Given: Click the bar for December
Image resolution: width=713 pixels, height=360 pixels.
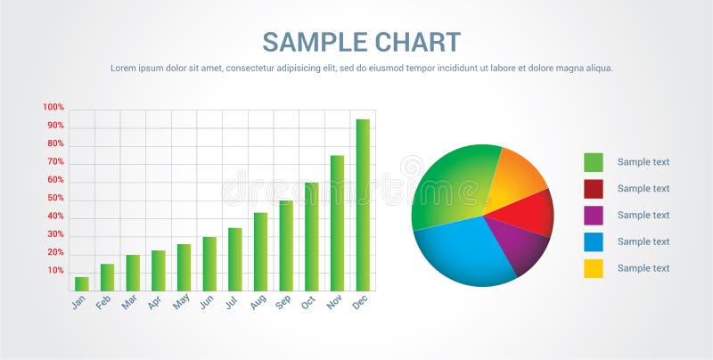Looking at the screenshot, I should tap(363, 205).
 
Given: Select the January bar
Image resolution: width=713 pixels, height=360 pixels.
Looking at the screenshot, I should tap(82, 283).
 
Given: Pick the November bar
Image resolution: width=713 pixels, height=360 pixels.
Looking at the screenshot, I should tap(337, 223).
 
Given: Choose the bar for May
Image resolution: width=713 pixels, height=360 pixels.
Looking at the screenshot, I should tap(184, 267).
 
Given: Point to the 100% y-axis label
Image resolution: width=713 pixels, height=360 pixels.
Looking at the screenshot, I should tap(53, 108).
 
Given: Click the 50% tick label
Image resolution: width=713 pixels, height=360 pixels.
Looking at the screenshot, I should tap(55, 198).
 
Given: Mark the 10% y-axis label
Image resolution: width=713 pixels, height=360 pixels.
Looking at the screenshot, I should tap(55, 270).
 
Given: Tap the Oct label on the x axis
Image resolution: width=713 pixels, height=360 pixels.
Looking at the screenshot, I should tap(308, 302).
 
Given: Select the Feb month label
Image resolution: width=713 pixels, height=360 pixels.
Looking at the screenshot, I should tap(104, 302).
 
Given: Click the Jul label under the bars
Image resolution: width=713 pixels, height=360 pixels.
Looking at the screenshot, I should tap(232, 302).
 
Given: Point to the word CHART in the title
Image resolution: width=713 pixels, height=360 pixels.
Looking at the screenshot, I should tap(418, 42).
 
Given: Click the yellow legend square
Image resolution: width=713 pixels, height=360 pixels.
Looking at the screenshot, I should tap(594, 268).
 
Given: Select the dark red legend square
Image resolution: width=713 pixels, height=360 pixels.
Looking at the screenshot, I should tap(594, 189).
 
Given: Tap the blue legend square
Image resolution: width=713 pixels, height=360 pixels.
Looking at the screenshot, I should tap(594, 241).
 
